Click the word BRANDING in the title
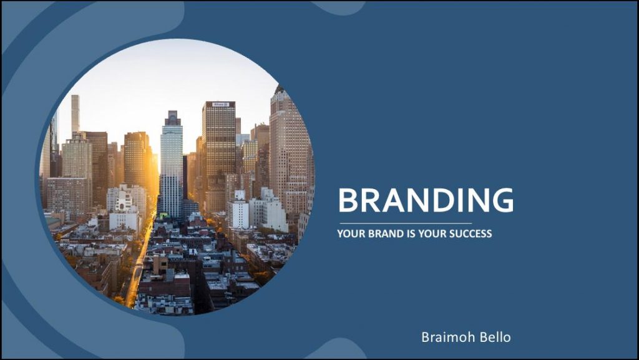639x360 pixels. click(x=426, y=200)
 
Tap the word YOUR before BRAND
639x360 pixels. click(x=351, y=234)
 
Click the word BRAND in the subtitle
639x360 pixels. click(x=384, y=234)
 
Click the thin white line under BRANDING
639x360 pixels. click(x=406, y=223)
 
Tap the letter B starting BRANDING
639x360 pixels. click(x=349, y=200)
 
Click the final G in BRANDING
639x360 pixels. click(x=502, y=200)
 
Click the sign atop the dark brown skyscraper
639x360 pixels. click(x=220, y=104)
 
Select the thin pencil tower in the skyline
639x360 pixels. click(x=76, y=114)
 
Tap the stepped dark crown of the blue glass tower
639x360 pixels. click(x=172, y=118)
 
